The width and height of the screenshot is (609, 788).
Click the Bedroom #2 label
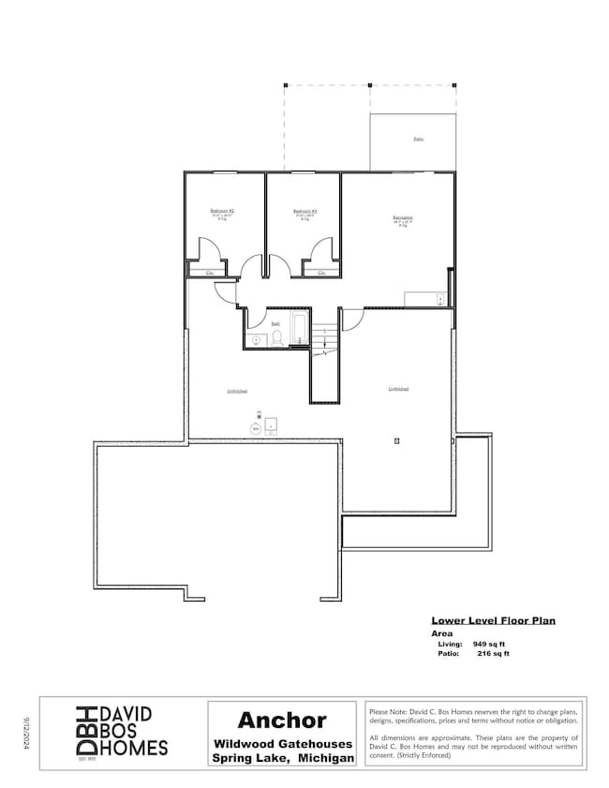pyautogui.click(x=222, y=211)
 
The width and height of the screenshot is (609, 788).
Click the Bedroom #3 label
pyautogui.click(x=304, y=211)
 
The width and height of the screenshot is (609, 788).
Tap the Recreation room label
pyautogui.click(x=403, y=218)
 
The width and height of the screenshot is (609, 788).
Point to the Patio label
pyautogui.click(x=418, y=139)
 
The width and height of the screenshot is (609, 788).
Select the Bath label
pyautogui.click(x=275, y=323)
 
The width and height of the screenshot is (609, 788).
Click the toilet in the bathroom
pyautogui.click(x=276, y=340)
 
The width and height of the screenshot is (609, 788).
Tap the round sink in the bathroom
pyautogui.click(x=256, y=340)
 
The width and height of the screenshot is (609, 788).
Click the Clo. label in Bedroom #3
pyautogui.click(x=321, y=273)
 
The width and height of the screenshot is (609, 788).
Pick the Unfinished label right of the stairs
pyautogui.click(x=399, y=388)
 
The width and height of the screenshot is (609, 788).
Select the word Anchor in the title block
pyautogui.click(x=281, y=720)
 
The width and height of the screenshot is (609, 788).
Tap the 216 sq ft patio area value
pyautogui.click(x=494, y=654)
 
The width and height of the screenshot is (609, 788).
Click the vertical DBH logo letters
pyautogui.click(x=83, y=730)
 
